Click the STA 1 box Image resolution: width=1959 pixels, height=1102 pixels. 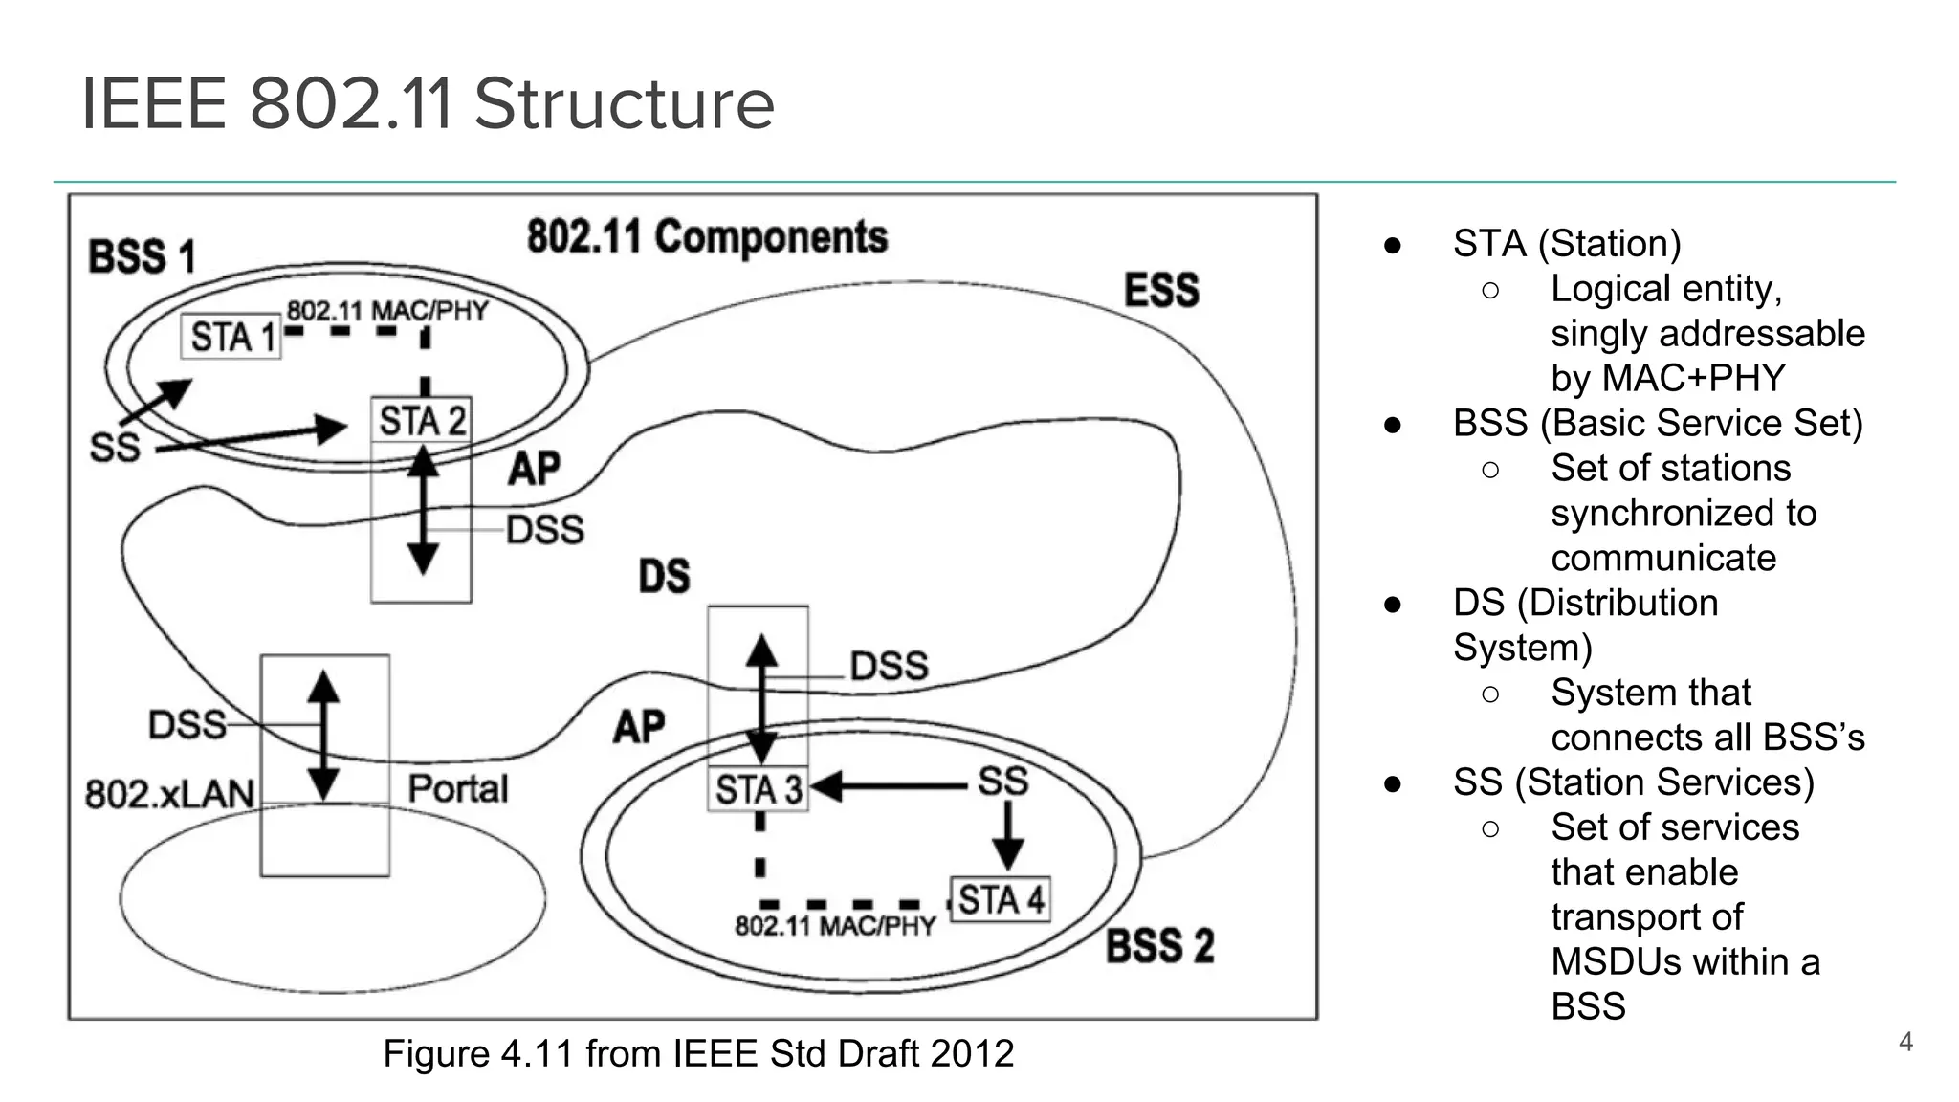point(231,337)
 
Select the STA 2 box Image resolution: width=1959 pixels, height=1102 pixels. point(422,421)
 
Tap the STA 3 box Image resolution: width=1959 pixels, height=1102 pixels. point(759,790)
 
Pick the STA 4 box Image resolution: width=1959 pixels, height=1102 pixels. point(1001,899)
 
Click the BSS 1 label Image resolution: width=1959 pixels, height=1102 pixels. point(142,256)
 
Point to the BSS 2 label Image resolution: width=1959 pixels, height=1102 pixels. point(1159,946)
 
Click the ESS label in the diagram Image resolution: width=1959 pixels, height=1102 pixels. point(1161,290)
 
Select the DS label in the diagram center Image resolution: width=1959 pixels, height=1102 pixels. point(664,576)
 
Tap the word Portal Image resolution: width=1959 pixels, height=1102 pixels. point(458,789)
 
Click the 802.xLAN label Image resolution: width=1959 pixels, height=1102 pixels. point(170,794)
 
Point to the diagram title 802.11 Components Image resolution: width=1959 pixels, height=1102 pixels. point(707,236)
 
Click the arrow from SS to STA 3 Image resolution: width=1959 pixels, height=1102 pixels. point(890,787)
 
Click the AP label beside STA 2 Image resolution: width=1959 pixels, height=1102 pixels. point(534,469)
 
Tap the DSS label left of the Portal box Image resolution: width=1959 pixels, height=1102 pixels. point(187,725)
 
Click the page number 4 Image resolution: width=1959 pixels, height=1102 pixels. point(1904,1042)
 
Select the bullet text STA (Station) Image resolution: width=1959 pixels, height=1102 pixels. point(1566,243)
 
